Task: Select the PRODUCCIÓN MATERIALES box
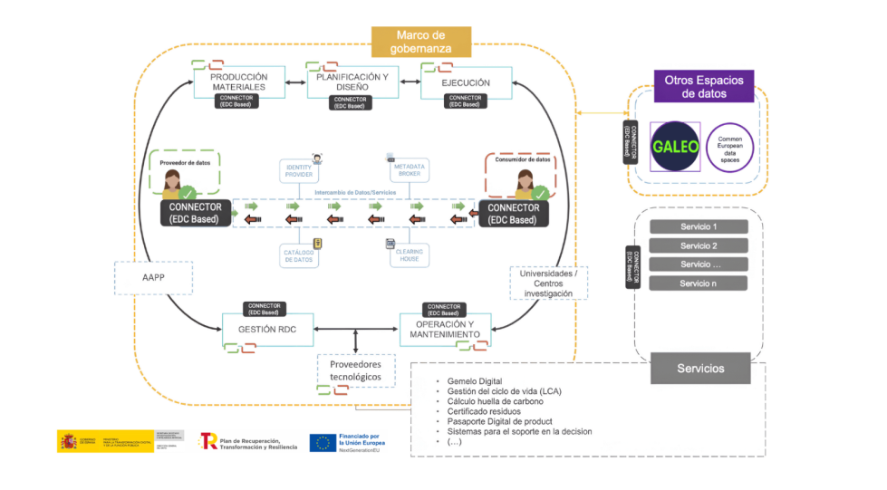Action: (x=238, y=82)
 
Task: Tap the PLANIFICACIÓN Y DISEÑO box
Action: (x=351, y=82)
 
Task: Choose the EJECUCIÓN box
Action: (x=466, y=82)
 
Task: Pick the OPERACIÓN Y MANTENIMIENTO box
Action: (x=445, y=329)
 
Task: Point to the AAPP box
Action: (x=154, y=277)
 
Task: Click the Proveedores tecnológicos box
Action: (x=355, y=370)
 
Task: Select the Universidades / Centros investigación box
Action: (x=548, y=283)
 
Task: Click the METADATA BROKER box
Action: (x=408, y=171)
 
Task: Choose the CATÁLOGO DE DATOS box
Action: (x=299, y=255)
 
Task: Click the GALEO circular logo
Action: (x=676, y=146)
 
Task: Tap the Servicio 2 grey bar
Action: (x=699, y=245)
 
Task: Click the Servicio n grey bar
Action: (x=699, y=283)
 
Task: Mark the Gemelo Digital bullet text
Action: (x=474, y=380)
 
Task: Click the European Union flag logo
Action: (x=322, y=442)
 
